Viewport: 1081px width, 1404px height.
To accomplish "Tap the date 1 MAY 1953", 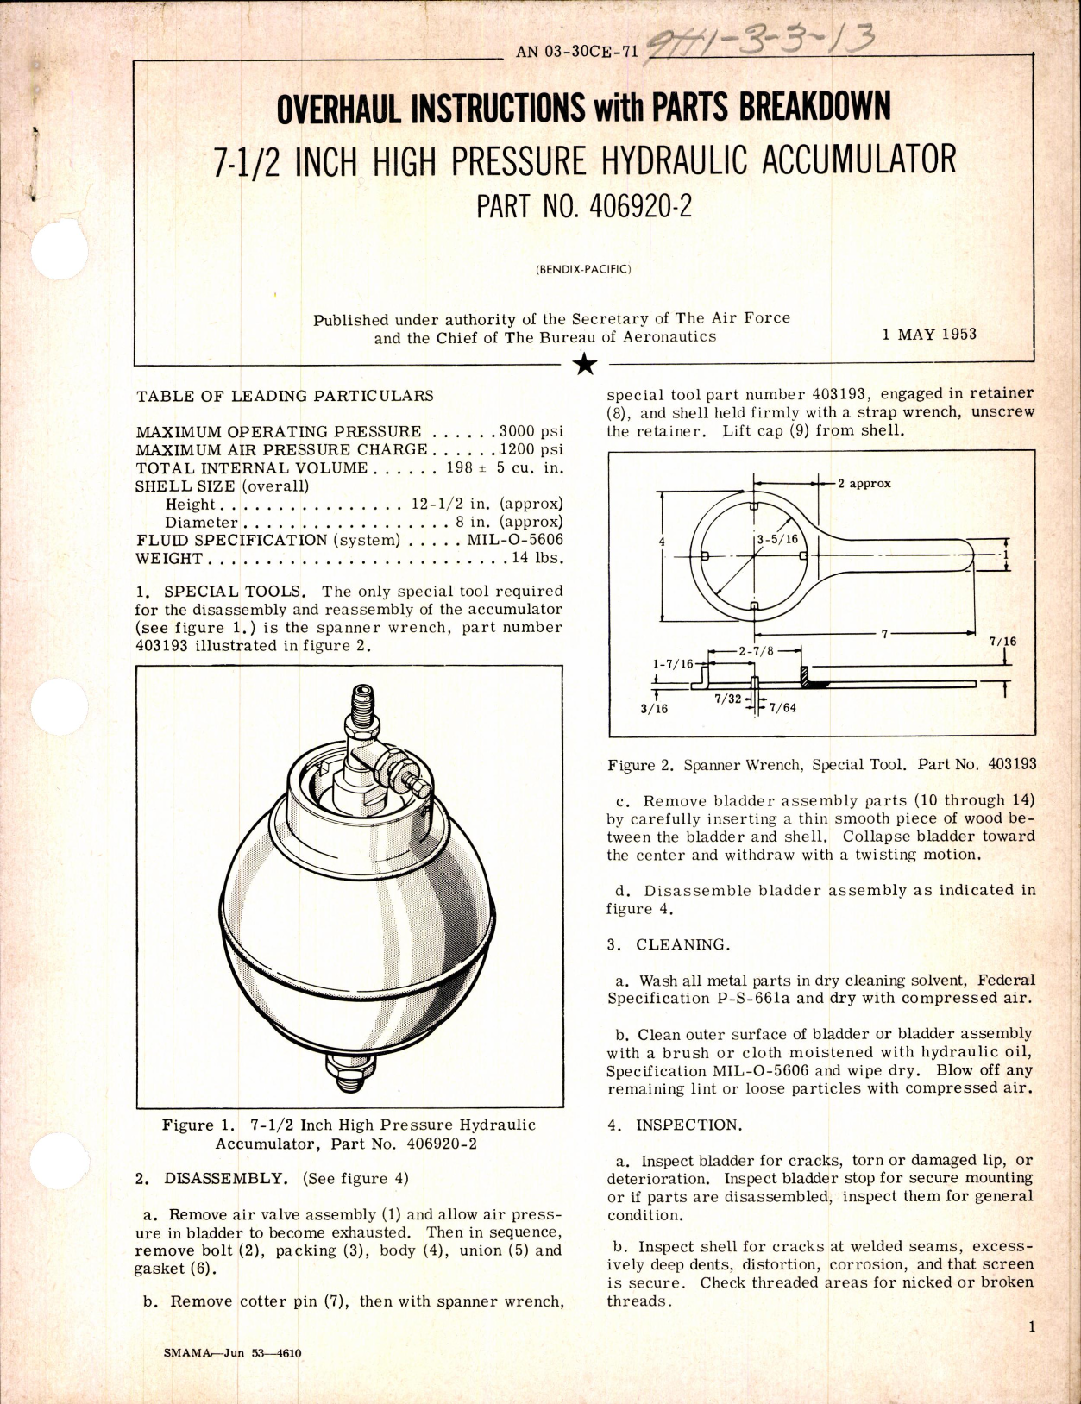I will [929, 334].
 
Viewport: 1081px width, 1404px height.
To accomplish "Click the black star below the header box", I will [584, 366].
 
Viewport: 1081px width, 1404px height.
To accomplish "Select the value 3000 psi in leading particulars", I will [531, 431].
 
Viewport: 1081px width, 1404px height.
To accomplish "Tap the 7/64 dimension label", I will [782, 708].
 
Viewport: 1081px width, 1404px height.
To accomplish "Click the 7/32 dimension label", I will [727, 701].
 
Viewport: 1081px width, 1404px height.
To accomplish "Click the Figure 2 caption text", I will [821, 764].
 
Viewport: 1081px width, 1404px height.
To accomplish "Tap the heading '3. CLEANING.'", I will [668, 944].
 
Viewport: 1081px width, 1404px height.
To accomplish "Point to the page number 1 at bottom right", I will [1032, 1329].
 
